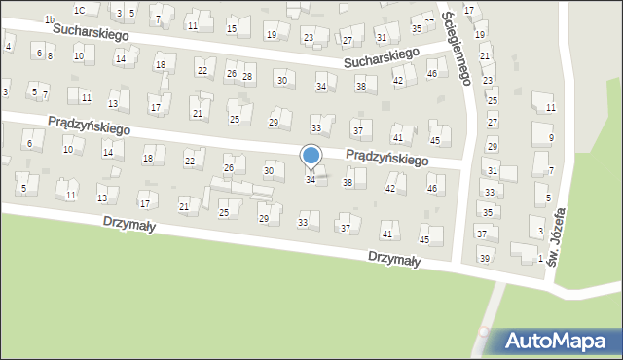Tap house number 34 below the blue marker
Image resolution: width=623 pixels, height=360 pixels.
pos(311,180)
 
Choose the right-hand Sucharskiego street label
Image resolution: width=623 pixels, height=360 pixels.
pos(381,57)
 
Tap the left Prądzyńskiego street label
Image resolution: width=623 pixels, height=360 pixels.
pos(89,126)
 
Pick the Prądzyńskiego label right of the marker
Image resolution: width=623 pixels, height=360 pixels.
pos(387,158)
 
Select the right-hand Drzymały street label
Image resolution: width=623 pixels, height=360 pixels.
pos(393,259)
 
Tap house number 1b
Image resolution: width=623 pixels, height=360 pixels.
pos(49,18)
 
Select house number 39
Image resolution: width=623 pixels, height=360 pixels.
pos(484,258)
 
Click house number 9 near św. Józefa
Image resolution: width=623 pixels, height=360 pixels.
pos(551,138)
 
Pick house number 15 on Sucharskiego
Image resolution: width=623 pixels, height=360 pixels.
pos(231,28)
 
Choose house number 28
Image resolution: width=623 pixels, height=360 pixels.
pos(247,76)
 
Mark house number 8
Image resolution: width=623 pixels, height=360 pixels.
pos(50,56)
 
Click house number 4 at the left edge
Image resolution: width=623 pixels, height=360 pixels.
pos(8,46)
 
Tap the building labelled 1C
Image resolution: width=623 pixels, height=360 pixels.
pos(87,11)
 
